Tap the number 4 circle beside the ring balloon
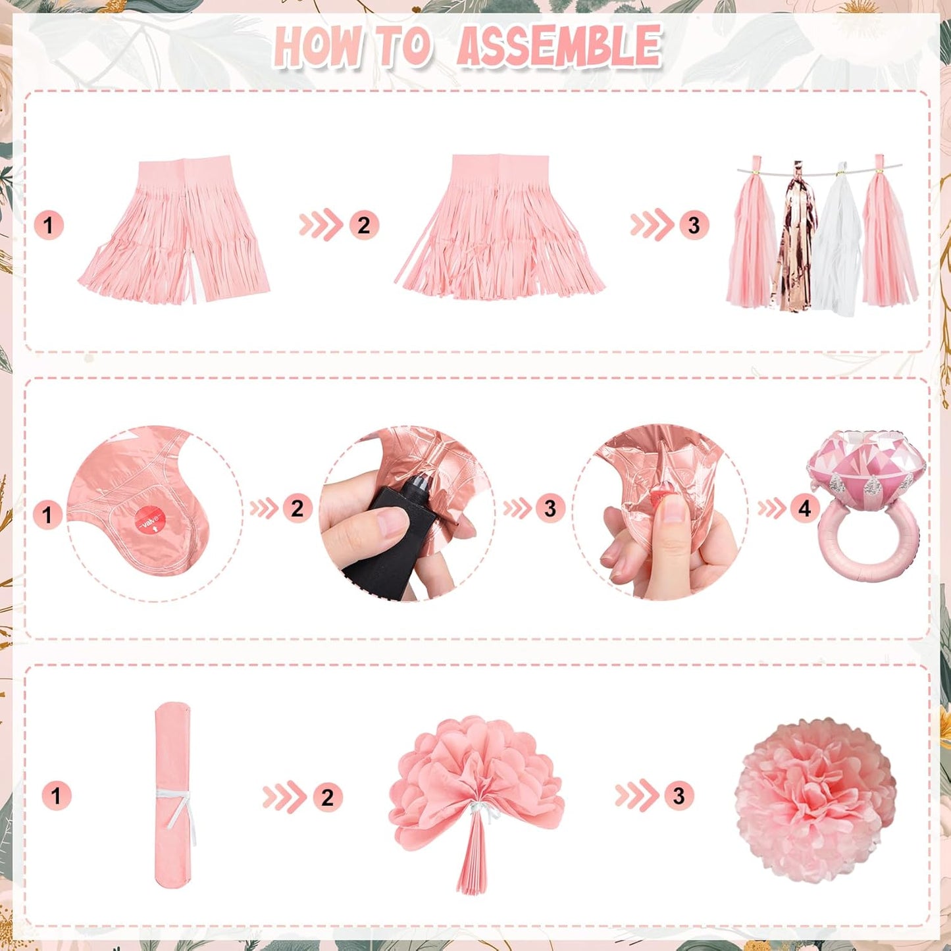(805, 509)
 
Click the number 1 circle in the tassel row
(49, 226)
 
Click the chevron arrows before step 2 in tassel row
(321, 225)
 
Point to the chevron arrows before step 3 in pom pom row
(637, 796)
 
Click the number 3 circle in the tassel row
(694, 225)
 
